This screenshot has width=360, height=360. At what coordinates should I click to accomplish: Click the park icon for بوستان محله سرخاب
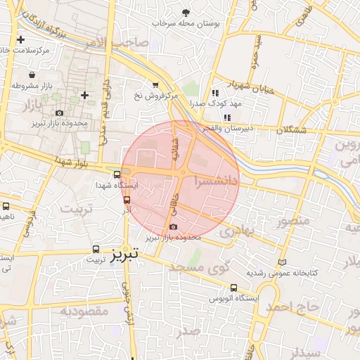186,13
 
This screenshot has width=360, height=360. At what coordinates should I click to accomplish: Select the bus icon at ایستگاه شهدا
117,174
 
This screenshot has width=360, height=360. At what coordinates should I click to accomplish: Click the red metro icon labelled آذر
127,199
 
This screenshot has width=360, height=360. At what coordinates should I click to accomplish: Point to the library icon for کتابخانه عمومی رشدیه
283,262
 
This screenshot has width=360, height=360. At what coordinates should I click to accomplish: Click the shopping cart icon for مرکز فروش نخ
155,84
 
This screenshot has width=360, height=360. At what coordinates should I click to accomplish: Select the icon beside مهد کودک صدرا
215,92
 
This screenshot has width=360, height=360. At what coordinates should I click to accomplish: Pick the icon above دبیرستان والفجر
226,117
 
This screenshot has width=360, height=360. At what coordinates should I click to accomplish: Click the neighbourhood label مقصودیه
83,310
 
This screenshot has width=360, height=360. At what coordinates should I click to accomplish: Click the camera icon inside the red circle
173,226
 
